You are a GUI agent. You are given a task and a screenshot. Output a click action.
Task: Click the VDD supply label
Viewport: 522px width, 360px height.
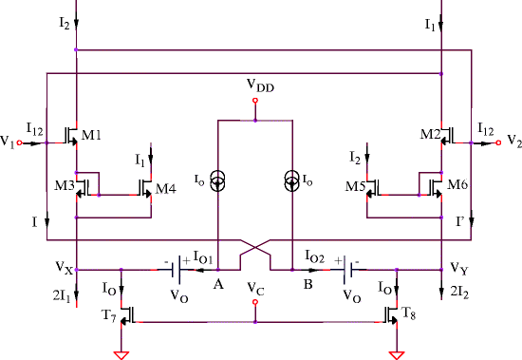click(253, 86)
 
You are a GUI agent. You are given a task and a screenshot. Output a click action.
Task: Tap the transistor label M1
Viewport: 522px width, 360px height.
click(92, 136)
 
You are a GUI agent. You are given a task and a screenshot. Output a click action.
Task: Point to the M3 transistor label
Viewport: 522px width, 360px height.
click(64, 184)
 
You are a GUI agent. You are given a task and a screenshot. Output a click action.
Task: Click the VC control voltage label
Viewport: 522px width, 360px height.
click(253, 287)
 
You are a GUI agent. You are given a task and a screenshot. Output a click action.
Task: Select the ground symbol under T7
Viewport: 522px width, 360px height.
click(121, 354)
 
